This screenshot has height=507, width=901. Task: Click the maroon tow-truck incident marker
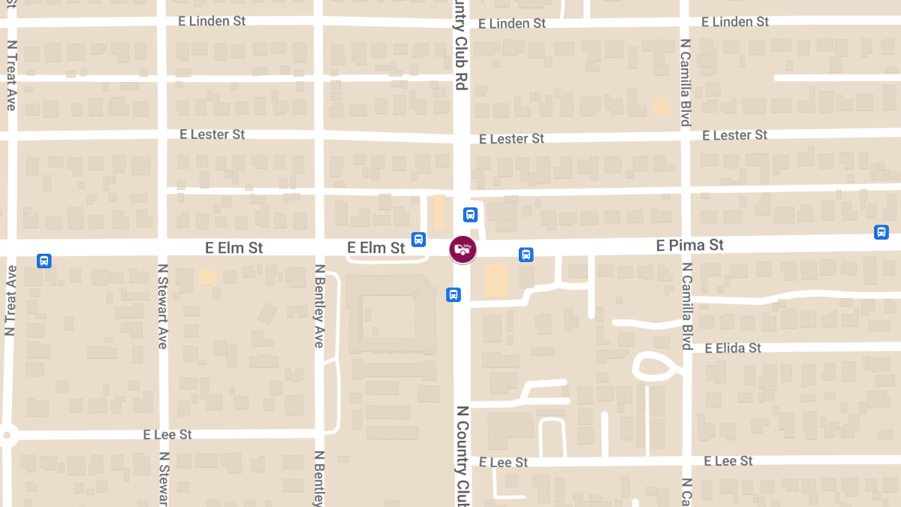(463, 249)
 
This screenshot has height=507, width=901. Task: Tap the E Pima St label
(689, 246)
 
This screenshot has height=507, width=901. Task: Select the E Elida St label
(733, 348)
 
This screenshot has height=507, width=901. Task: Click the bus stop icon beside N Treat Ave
(44, 261)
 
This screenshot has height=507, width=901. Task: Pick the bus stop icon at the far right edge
(881, 232)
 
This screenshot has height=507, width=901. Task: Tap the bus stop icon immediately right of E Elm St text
(418, 240)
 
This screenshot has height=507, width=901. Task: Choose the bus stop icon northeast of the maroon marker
(471, 215)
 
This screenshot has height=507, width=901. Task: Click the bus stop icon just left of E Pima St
(526, 255)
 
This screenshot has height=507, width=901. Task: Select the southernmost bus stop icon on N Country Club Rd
(454, 294)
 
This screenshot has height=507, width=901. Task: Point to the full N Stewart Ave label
(162, 306)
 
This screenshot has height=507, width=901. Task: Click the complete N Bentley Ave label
(319, 306)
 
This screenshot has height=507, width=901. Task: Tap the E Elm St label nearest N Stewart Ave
(234, 248)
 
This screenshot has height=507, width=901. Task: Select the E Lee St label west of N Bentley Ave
(167, 435)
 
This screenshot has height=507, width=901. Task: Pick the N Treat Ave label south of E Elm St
(11, 300)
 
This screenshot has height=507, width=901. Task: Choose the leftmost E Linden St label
(212, 21)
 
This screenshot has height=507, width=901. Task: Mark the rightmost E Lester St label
(734, 135)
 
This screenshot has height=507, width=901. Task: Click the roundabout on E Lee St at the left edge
(7, 434)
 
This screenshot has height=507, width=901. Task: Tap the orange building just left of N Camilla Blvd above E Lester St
(661, 106)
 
